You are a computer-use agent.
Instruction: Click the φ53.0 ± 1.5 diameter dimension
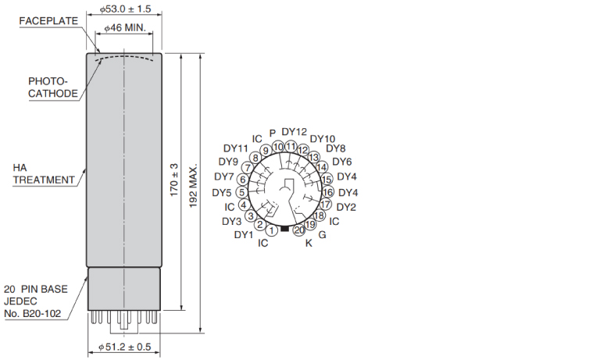126,9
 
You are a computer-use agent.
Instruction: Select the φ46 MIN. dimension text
125,27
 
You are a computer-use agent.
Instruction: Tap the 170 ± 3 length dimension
174,180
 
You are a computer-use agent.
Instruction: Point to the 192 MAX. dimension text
193,187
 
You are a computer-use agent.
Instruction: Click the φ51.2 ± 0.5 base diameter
125,347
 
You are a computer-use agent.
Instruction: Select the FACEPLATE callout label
48,21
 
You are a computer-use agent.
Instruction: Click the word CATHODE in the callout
53,94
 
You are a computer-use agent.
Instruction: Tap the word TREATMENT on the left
44,180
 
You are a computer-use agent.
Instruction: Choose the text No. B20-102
33,314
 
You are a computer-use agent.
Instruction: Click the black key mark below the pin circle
284,228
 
